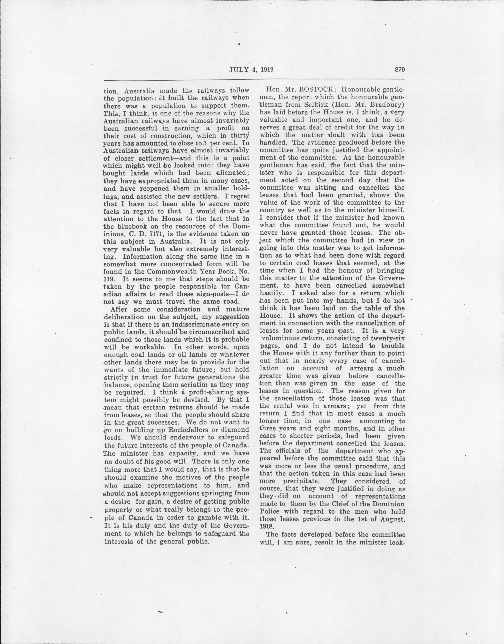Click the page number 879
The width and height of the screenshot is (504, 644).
point(398,70)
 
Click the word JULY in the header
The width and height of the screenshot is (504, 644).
point(237,70)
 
